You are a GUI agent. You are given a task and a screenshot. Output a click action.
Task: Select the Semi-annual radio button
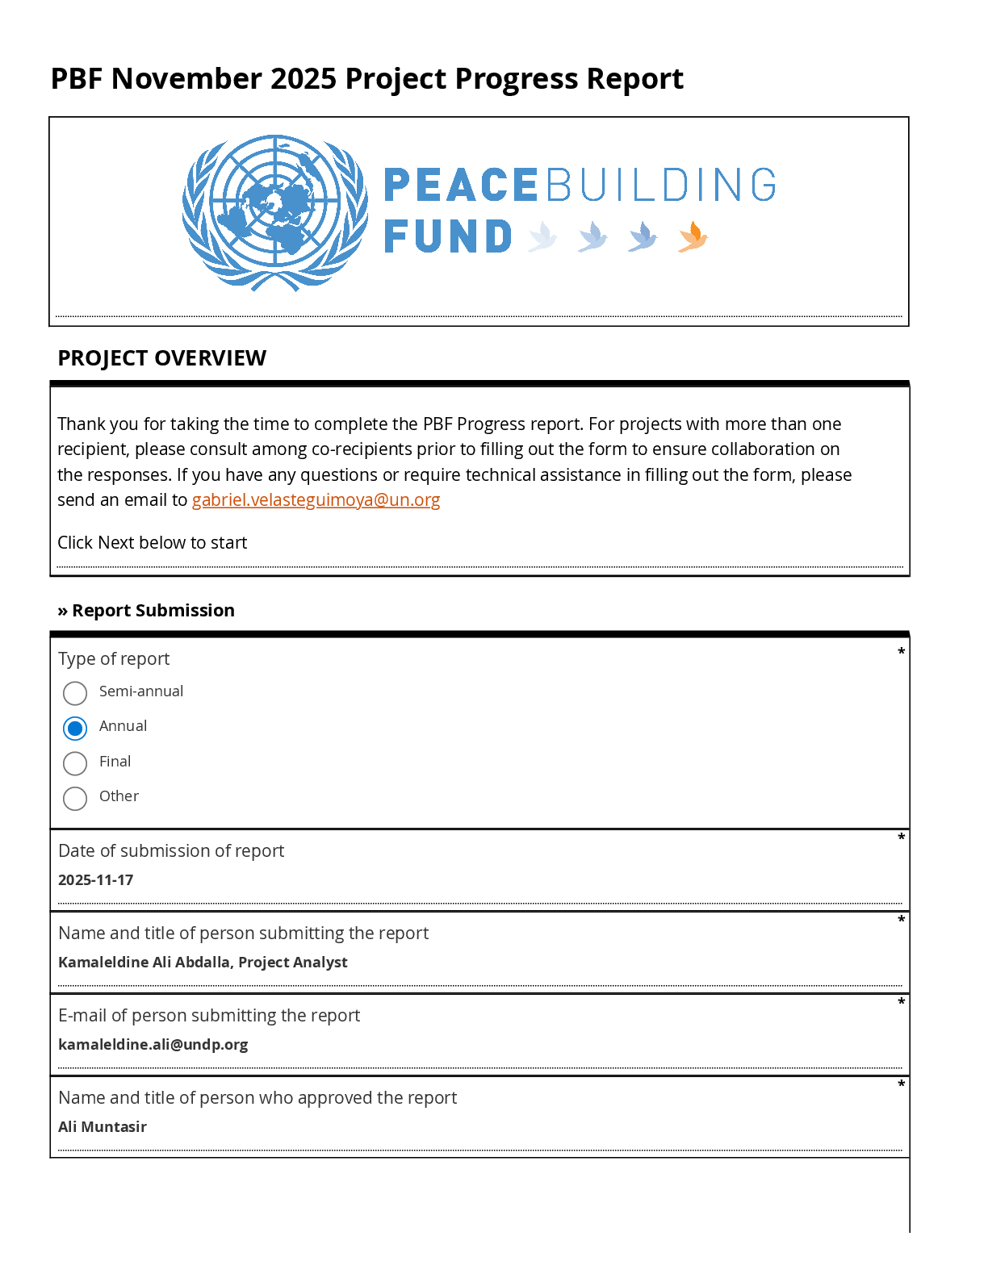pos(75,693)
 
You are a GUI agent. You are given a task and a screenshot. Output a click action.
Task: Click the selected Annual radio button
pos(75,729)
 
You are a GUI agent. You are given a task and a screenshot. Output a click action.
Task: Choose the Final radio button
pos(75,763)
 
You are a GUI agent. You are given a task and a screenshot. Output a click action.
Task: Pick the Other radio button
pos(75,798)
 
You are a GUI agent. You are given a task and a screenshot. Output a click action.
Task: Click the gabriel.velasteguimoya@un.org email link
pos(316,500)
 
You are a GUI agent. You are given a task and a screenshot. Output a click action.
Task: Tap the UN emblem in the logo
pos(275,212)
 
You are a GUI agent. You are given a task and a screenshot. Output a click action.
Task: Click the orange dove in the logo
pos(693,237)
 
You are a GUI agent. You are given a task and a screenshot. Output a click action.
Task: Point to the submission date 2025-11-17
pos(96,880)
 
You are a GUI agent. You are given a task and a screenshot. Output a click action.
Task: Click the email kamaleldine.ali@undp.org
pos(153,1045)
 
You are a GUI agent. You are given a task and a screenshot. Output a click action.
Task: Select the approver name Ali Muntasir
pos(103,1127)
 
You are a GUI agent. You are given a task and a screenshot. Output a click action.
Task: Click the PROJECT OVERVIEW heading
pos(162,358)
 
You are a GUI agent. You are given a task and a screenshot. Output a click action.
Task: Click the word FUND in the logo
pos(448,237)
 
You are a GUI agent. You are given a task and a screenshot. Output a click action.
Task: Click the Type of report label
pos(114,659)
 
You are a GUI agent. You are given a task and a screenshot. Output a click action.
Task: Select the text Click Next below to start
pos(153,543)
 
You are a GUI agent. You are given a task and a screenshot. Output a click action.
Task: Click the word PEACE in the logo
pos(461,186)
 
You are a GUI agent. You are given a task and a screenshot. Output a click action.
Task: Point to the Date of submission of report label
pos(171,851)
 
